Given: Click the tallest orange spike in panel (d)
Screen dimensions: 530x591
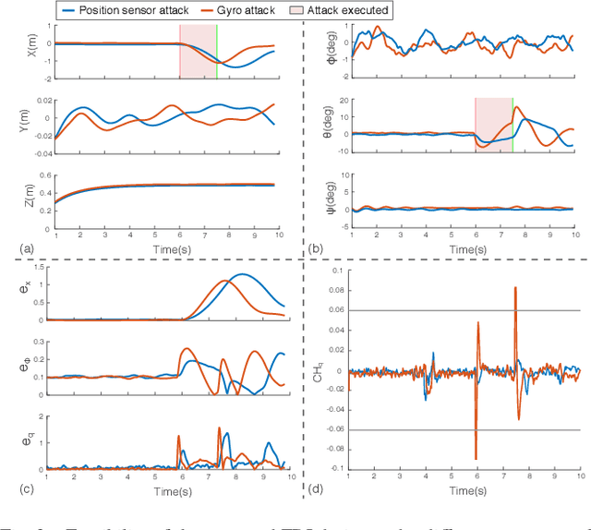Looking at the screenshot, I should (x=514, y=288).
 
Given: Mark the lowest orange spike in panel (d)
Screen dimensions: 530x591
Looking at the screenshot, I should (x=476, y=457).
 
